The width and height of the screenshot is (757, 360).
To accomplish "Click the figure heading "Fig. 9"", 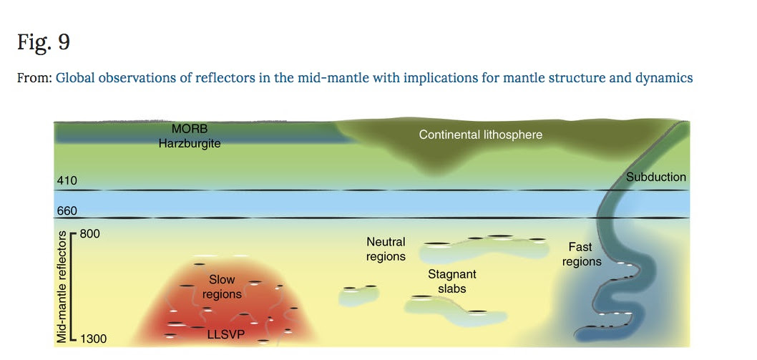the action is tap(44, 42).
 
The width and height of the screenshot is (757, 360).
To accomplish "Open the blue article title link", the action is tap(374, 78).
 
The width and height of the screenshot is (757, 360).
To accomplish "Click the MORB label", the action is tap(189, 130).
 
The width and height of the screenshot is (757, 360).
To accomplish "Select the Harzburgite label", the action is tap(189, 144).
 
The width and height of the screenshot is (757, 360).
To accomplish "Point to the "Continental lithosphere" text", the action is tap(480, 135).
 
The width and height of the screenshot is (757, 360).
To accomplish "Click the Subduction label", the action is tap(655, 177).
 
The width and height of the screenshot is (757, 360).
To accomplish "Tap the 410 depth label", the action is tap(67, 181).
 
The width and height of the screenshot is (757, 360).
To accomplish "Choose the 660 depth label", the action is tap(67, 211).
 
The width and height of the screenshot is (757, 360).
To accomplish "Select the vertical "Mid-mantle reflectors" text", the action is tap(62, 287).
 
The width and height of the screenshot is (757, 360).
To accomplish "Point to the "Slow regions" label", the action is tap(222, 286).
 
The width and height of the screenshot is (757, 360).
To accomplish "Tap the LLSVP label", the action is tap(223, 333).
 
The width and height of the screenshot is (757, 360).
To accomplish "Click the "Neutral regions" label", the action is tap(386, 249).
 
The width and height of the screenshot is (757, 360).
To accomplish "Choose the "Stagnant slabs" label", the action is tap(452, 281).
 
